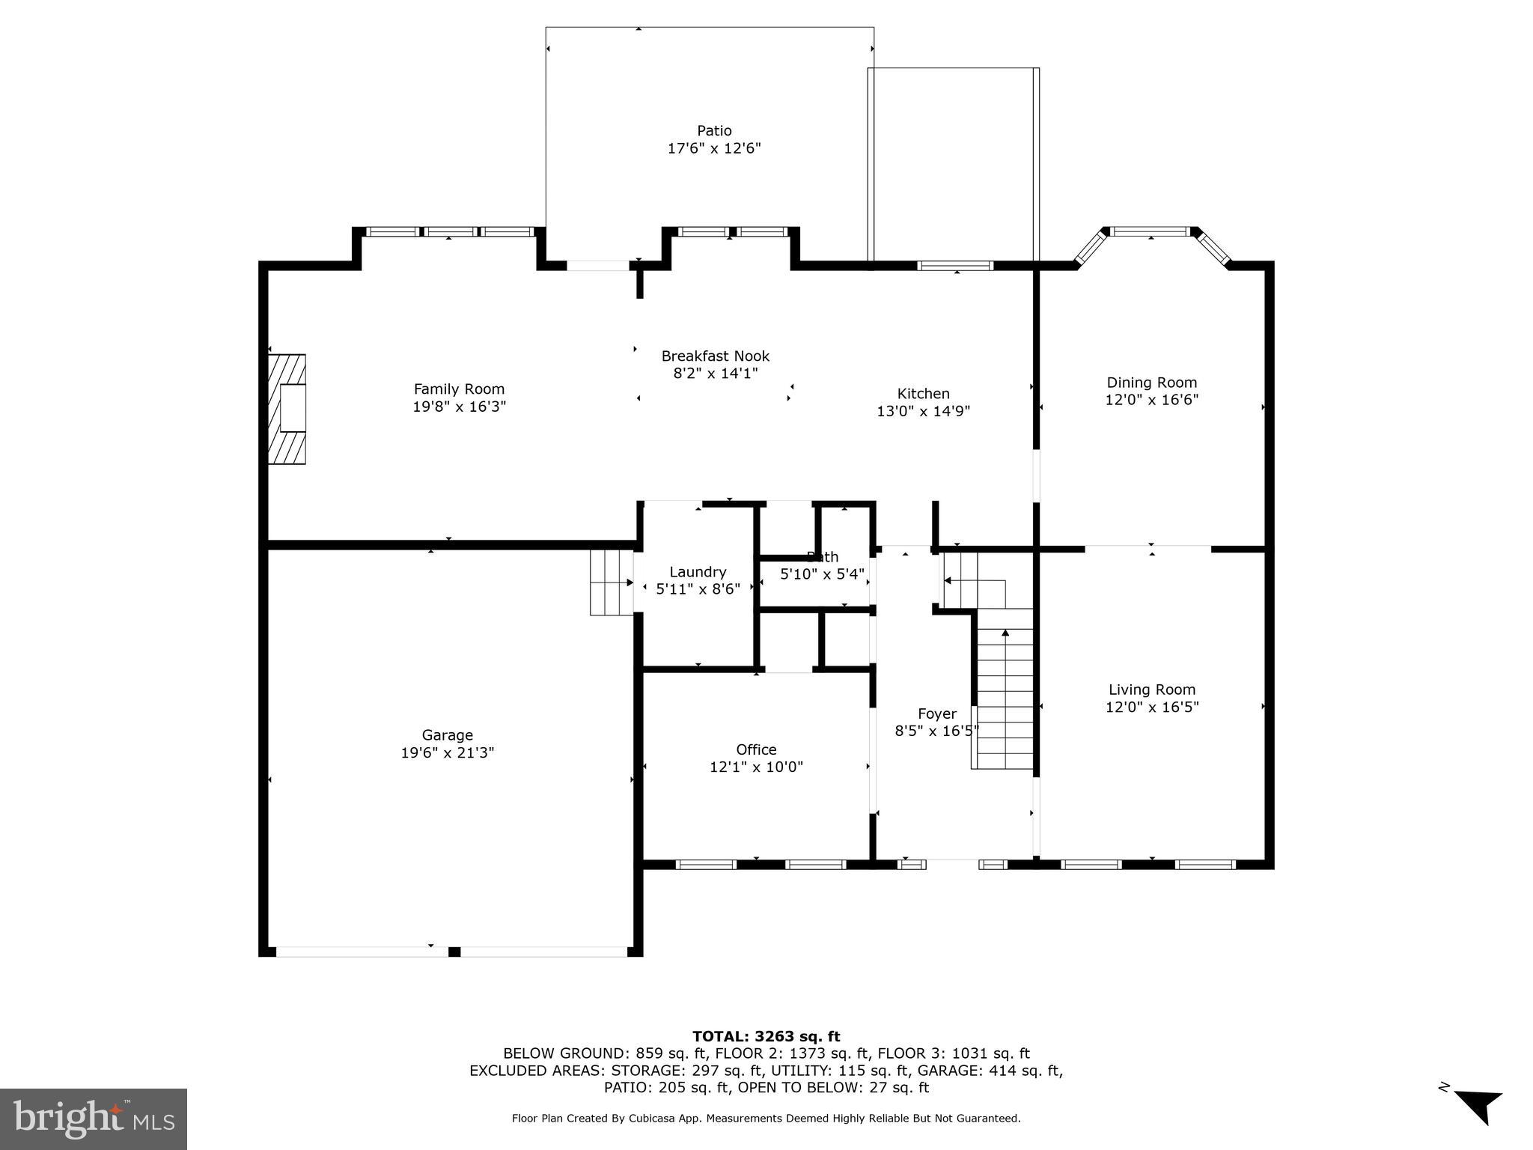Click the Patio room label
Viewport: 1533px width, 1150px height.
[714, 131]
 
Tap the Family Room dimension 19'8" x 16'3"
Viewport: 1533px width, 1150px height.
[459, 407]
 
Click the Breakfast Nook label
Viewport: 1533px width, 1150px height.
[715, 356]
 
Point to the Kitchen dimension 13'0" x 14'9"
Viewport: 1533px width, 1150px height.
[923, 411]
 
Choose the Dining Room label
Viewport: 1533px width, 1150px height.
[1151, 383]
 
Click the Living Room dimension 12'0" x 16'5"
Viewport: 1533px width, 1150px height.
[1152, 707]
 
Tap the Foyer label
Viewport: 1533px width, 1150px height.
[936, 714]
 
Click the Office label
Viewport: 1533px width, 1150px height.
[756, 749]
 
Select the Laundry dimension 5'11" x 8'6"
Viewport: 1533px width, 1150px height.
[698, 589]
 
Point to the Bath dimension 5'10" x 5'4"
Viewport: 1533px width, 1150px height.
[822, 574]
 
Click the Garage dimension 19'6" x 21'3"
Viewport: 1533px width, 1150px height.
[447, 752]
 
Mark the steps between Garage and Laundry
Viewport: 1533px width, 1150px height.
[612, 582]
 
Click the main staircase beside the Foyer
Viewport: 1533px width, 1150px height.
[1005, 689]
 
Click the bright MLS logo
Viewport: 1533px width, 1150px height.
[94, 1119]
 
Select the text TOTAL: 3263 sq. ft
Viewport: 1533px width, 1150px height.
[766, 1036]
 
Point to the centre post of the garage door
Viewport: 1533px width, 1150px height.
[454, 952]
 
